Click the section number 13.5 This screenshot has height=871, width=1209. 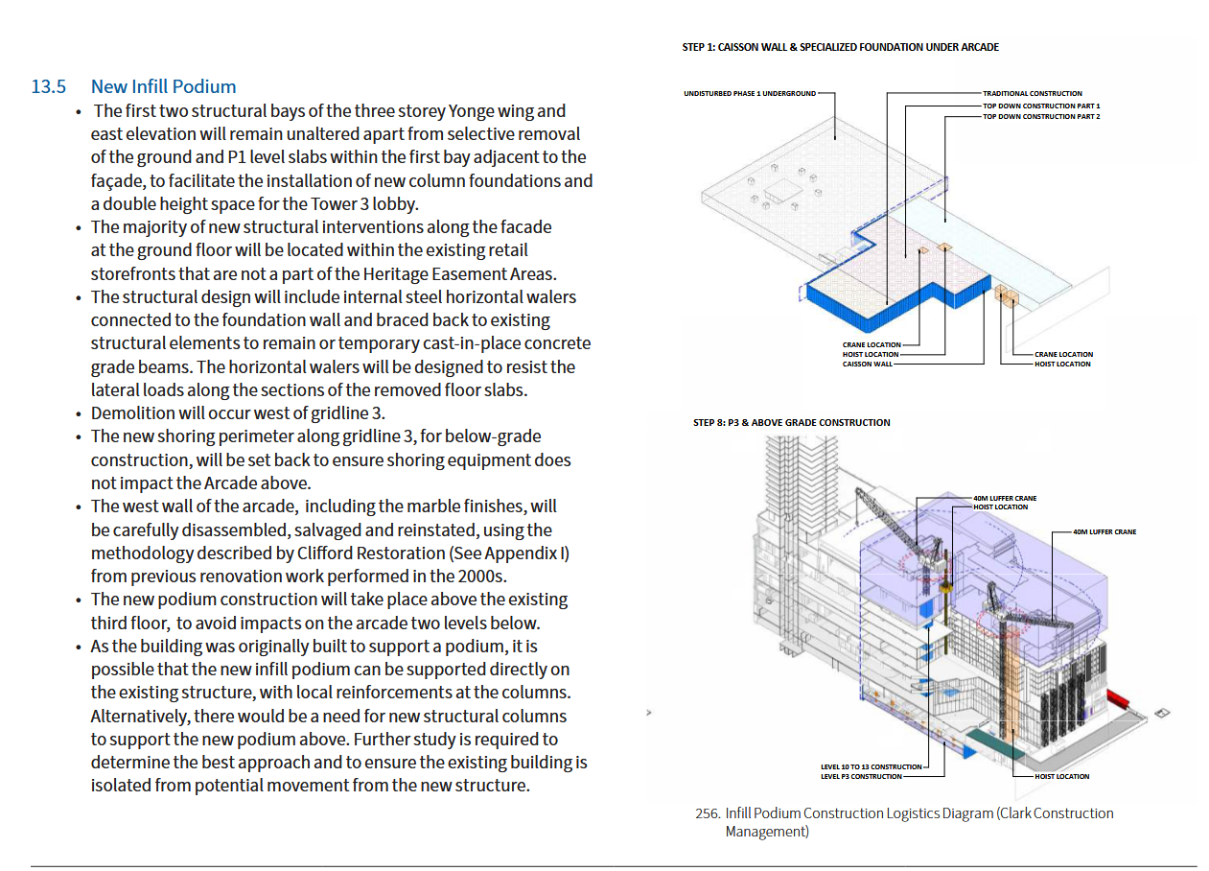tap(48, 87)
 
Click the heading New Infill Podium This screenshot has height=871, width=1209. tap(163, 87)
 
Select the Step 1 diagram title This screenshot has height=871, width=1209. tap(840, 47)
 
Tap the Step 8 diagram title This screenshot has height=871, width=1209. tap(791, 422)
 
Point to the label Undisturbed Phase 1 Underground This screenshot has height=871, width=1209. tap(750, 94)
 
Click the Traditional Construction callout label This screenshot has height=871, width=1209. tap(1032, 94)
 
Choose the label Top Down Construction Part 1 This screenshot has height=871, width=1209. tap(1041, 106)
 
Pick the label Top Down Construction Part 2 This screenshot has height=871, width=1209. tap(1041, 116)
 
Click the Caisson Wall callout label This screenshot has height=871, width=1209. tap(867, 365)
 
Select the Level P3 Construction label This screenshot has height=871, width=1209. tap(861, 776)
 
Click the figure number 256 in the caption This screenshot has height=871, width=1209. tap(707, 813)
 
